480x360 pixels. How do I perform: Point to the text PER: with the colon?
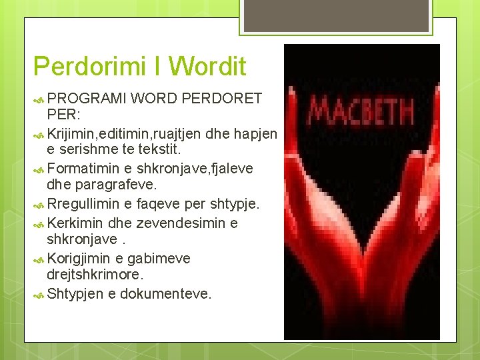coord(63,114)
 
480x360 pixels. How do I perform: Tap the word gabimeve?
coord(159,258)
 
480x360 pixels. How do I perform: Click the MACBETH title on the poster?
coord(362,111)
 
